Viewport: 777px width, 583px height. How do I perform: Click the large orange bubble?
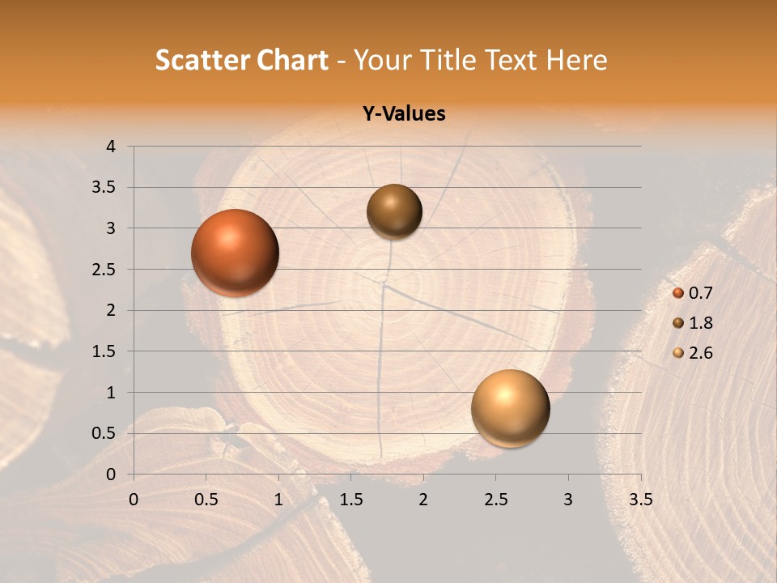click(235, 253)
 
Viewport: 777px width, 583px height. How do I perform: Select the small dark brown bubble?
click(394, 211)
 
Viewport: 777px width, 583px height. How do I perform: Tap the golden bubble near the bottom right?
click(510, 408)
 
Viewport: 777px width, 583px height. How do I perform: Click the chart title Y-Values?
click(404, 114)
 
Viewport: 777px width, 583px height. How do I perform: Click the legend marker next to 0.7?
click(678, 294)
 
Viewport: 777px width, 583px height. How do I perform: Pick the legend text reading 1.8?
click(701, 323)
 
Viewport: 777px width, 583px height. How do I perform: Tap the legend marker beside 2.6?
click(678, 353)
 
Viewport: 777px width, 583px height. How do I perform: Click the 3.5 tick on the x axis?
click(640, 500)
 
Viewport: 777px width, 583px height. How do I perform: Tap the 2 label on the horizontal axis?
click(423, 500)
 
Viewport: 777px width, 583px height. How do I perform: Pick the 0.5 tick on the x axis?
click(206, 500)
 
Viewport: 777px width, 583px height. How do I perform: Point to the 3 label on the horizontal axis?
click(568, 500)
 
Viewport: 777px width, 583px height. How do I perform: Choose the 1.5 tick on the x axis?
click(350, 500)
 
